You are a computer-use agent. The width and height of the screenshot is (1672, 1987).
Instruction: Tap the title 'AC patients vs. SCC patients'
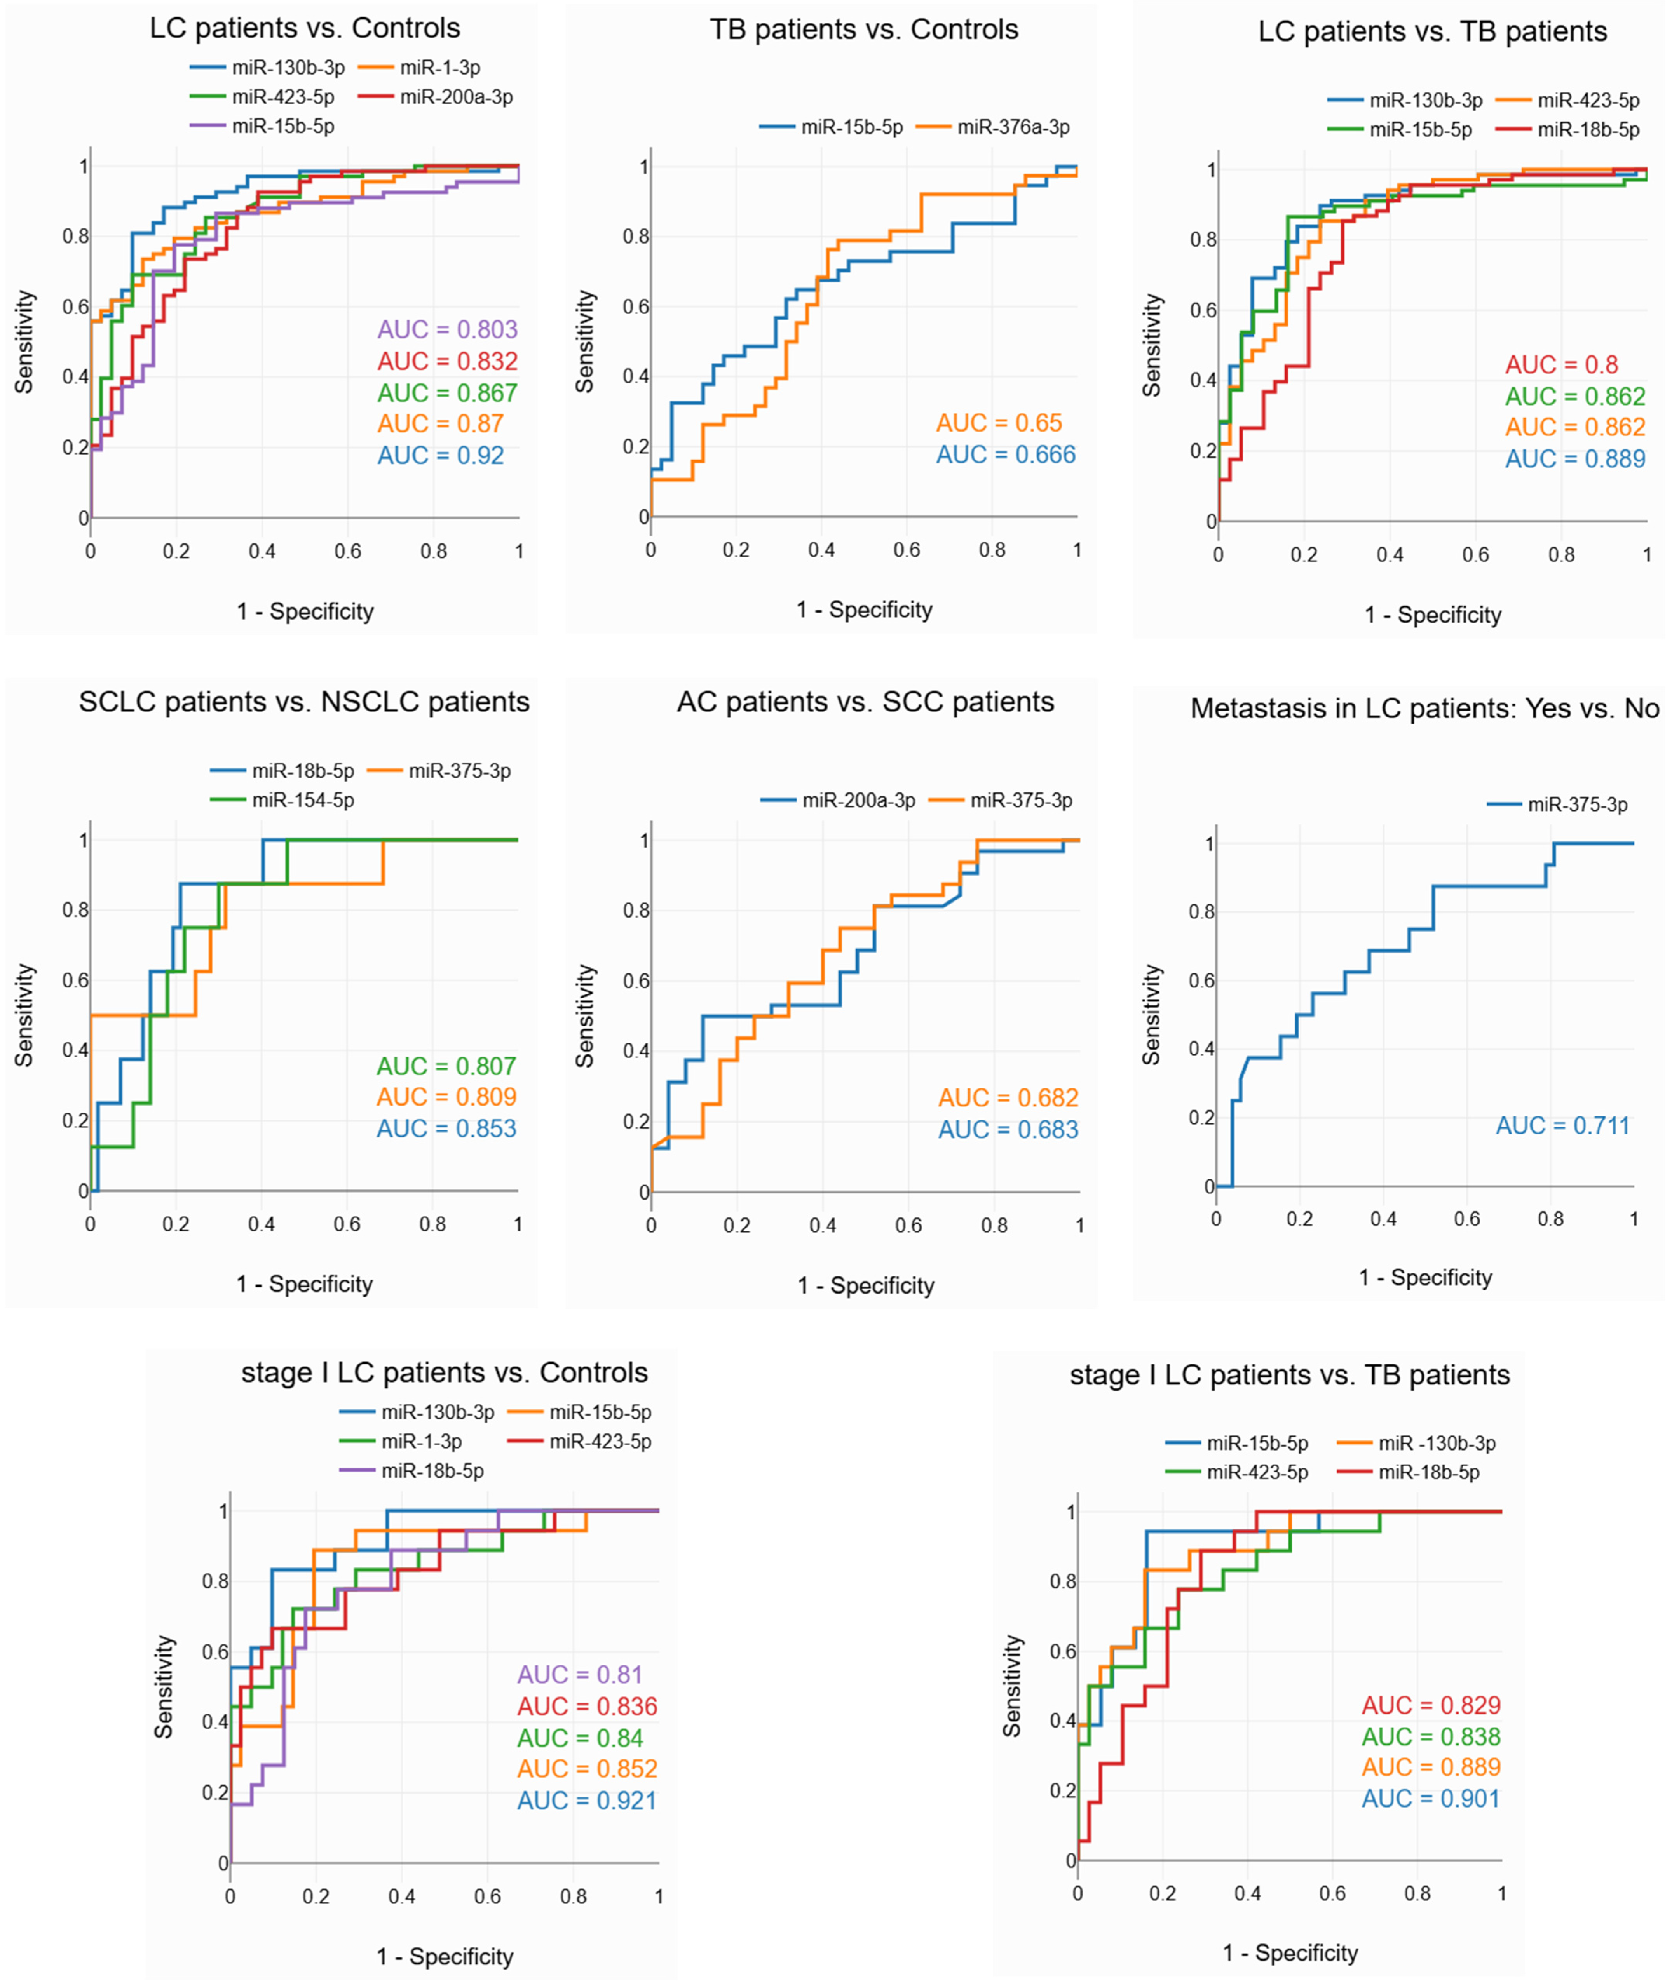(865, 702)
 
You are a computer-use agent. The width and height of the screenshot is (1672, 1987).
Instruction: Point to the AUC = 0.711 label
(1562, 1126)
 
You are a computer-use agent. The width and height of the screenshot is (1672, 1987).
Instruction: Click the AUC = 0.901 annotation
(1430, 1799)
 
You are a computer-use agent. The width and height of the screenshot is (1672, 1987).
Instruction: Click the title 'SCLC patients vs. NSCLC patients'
(303, 702)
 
